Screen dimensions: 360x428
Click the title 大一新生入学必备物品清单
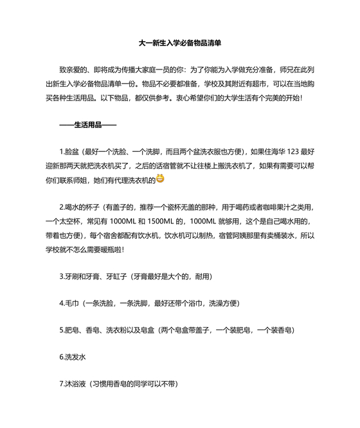tap(180, 42)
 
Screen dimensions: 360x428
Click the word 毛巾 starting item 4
tap(70, 303)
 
